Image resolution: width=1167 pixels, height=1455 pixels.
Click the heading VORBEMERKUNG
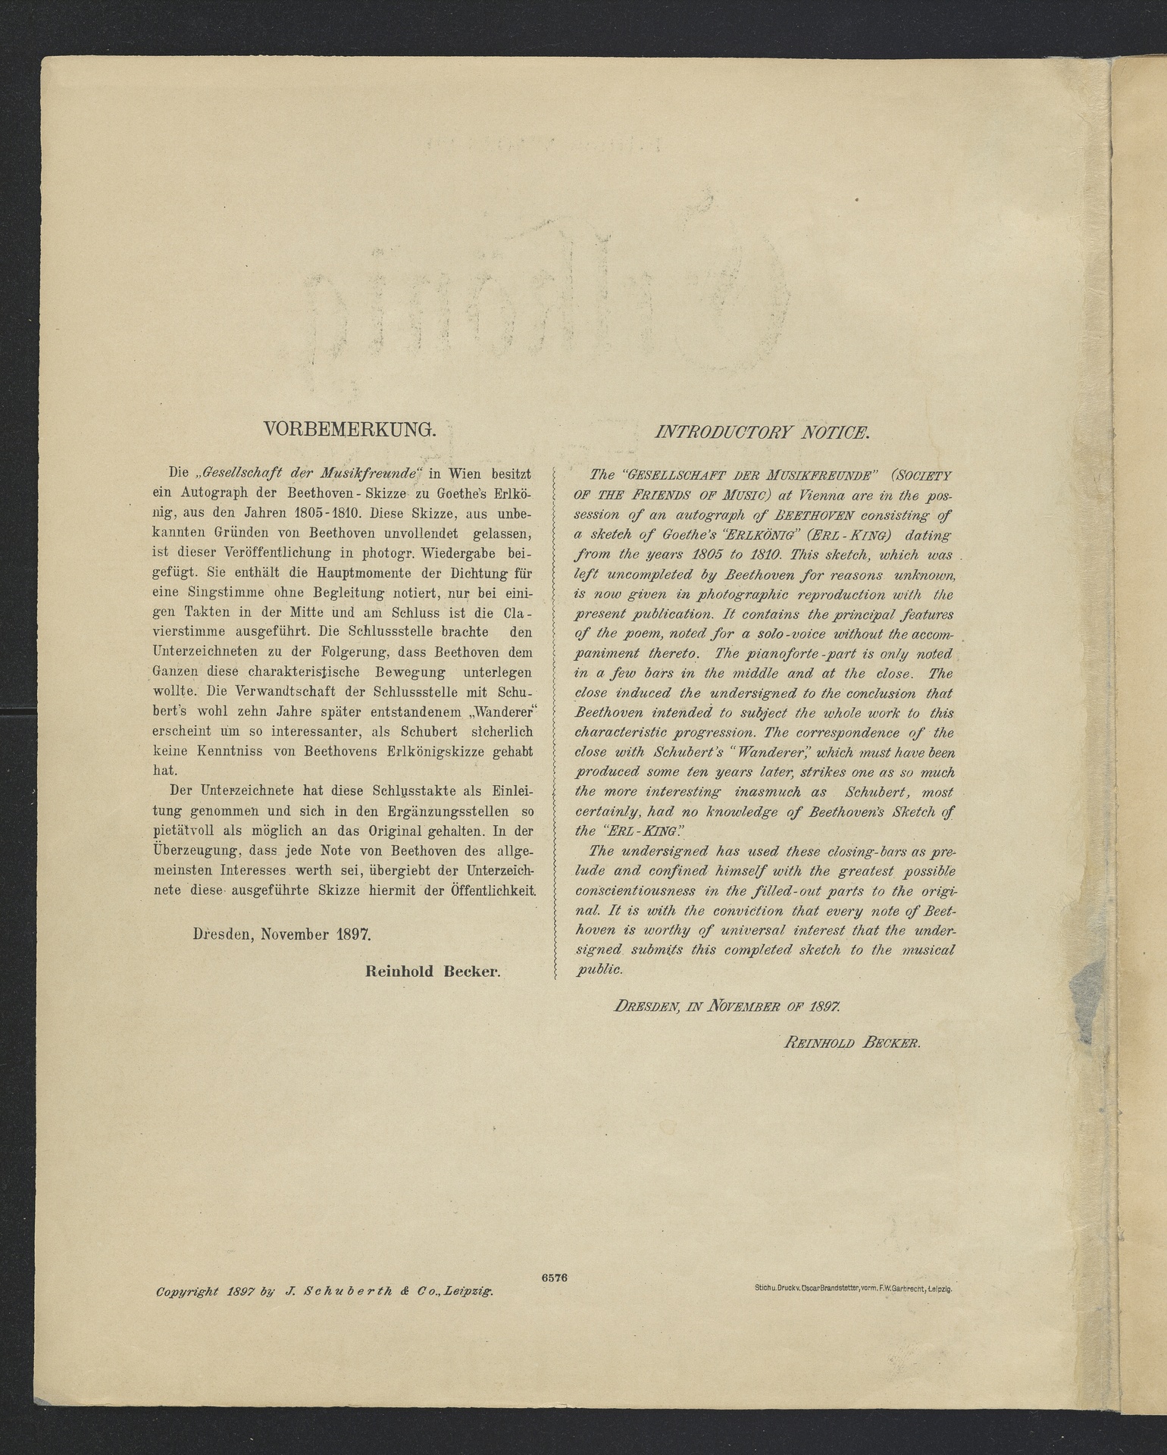[x=350, y=430]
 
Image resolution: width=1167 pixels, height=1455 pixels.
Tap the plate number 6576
[x=555, y=1277]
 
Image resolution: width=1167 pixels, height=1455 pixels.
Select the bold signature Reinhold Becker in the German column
[x=433, y=972]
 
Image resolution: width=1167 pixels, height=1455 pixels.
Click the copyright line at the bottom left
[x=324, y=1291]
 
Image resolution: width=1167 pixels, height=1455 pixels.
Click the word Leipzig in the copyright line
[x=470, y=1291]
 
